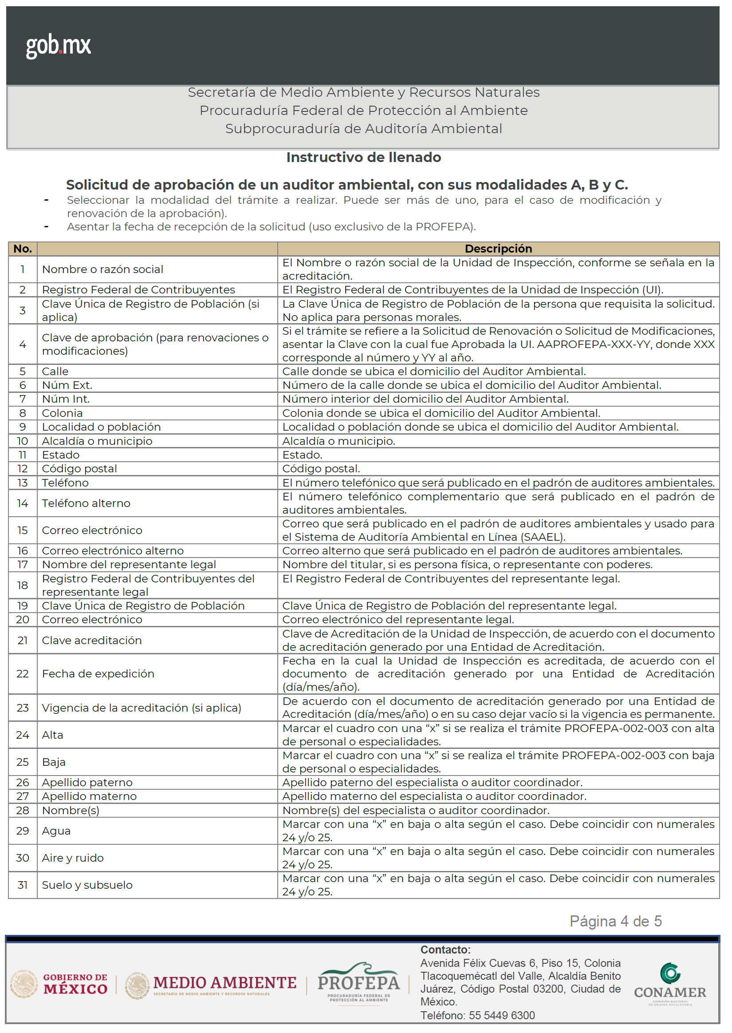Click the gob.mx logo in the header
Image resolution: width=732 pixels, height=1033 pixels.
click(58, 46)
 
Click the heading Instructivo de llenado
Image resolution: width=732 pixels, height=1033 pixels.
click(363, 157)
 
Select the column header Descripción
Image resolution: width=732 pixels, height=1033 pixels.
click(498, 249)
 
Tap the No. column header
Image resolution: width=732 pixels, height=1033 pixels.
click(23, 249)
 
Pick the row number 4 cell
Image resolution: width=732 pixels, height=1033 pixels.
click(23, 344)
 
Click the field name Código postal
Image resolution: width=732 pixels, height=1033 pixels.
click(79, 469)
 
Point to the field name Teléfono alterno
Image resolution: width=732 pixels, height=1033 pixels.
click(86, 503)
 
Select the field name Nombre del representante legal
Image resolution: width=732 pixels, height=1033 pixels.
click(129, 565)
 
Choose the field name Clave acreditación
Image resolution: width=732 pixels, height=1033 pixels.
click(91, 640)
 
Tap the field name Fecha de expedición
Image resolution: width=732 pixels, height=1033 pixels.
click(98, 673)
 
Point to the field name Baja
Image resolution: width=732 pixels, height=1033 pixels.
click(54, 762)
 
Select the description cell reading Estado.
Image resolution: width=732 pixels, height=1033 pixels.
click(302, 455)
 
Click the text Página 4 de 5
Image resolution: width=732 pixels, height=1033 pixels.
click(615, 921)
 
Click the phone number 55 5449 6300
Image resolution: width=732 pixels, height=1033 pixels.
click(502, 1015)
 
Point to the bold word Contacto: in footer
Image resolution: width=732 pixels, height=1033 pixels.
click(445, 950)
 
